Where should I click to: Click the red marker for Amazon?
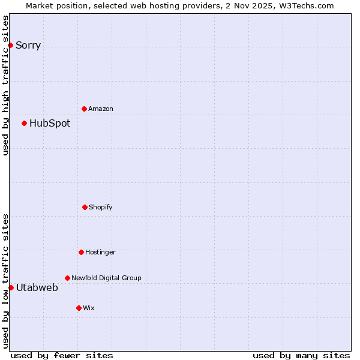[84, 109]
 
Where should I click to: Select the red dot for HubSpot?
[24, 123]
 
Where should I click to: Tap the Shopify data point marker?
[85, 207]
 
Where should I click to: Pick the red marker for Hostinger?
[81, 252]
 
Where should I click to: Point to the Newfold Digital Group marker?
[67, 278]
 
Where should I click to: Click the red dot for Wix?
[79, 308]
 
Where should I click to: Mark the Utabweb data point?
[11, 287]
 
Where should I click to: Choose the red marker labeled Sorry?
[10, 45]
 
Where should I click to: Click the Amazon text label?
[101, 109]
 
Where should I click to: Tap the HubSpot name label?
[50, 124]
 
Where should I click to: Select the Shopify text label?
[101, 208]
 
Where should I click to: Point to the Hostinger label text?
[100, 253]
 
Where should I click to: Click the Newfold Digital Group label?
[106, 278]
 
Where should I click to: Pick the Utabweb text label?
[37, 288]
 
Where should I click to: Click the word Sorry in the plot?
[28, 46]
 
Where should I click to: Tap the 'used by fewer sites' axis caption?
[62, 355]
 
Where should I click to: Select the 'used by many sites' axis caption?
[301, 355]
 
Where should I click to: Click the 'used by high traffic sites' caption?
[5, 85]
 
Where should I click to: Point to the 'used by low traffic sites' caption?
[5, 281]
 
